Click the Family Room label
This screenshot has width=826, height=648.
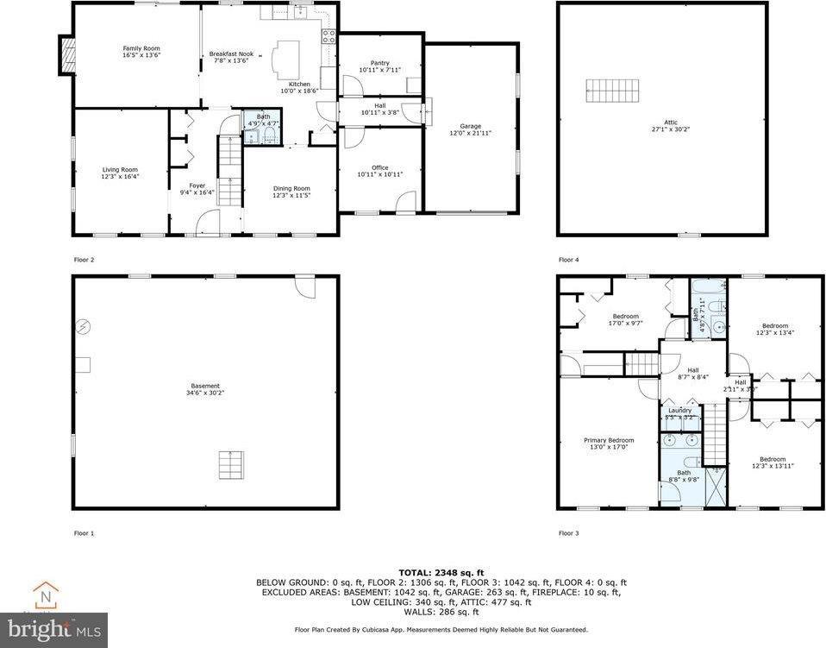click(141, 48)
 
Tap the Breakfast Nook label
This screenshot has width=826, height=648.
click(230, 54)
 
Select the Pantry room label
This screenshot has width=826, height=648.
click(380, 63)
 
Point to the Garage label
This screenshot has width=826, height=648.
click(470, 126)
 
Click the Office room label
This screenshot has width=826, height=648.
click(380, 167)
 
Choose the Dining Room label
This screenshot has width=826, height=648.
click(291, 188)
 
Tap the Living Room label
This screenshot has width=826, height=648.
click(120, 170)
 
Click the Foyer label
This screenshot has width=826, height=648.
click(197, 186)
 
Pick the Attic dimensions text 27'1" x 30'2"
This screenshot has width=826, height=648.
click(664, 129)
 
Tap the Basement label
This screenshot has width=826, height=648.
click(205, 386)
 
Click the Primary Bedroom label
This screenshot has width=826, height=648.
click(609, 440)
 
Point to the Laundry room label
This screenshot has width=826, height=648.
click(680, 410)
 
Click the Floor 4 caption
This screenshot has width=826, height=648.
click(568, 260)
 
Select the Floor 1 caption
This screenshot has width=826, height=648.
click(84, 533)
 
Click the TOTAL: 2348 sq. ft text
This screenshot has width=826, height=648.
click(441, 572)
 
